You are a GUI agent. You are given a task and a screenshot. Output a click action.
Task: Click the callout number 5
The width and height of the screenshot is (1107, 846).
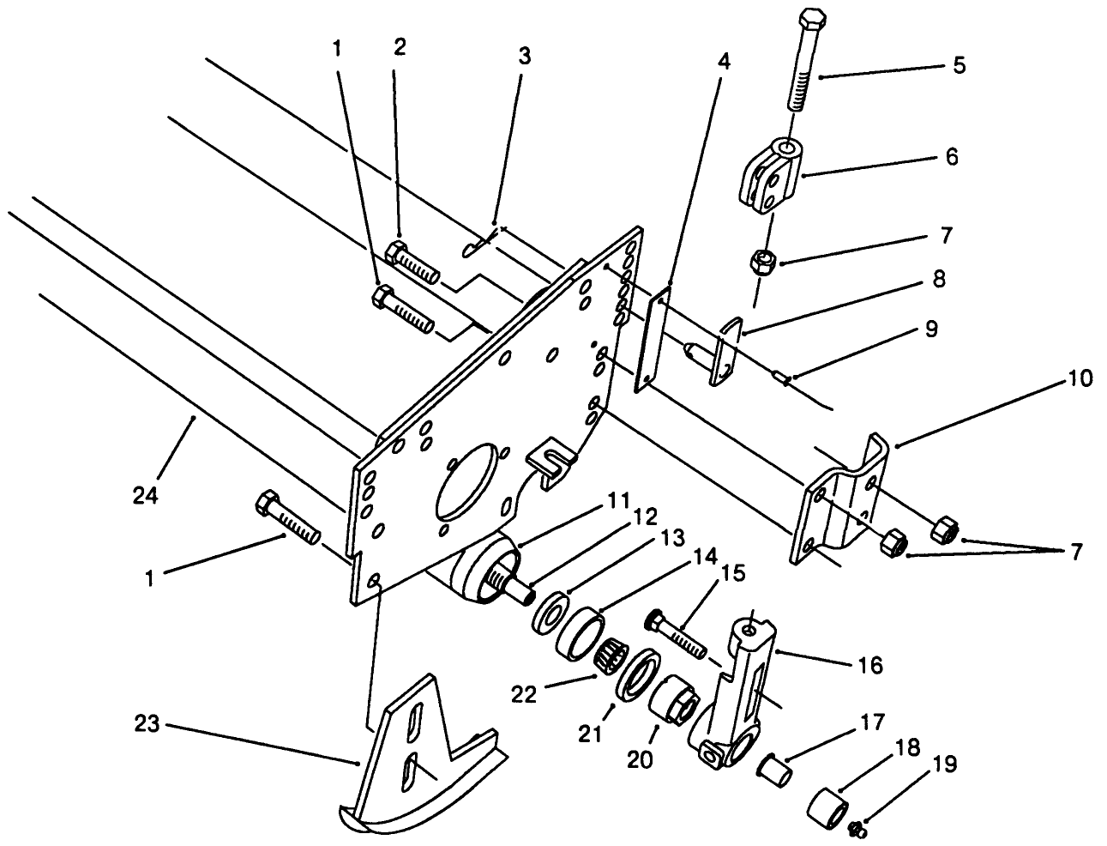[x=959, y=65]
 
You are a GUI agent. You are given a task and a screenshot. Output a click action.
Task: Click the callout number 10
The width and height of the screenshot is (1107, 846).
[x=1080, y=378]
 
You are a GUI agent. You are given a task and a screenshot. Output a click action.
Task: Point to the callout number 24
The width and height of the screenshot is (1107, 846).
[x=146, y=495]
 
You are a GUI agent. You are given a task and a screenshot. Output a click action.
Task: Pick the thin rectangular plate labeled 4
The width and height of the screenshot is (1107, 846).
[x=650, y=340]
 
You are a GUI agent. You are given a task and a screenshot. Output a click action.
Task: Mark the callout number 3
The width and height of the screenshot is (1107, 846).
[x=525, y=57]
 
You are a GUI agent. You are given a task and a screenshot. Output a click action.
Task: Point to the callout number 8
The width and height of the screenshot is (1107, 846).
[x=939, y=281]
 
